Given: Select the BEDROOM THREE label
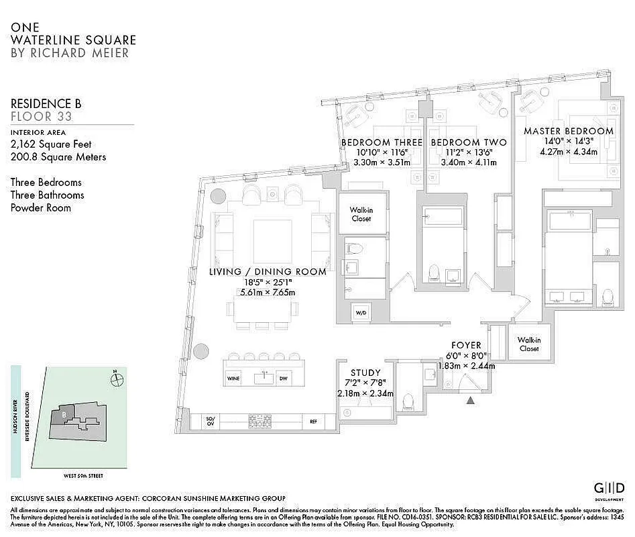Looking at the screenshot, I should (x=382, y=142).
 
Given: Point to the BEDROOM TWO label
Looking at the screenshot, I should (x=469, y=142).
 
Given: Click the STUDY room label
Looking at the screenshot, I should (x=365, y=373).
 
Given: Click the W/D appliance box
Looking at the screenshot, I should (x=361, y=312).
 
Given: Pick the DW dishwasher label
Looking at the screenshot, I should (x=283, y=378).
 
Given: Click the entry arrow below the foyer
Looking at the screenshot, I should (x=471, y=401).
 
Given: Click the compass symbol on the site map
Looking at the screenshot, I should (x=118, y=379).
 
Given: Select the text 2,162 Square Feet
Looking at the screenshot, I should (x=51, y=144).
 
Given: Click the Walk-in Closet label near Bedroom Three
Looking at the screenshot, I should (x=361, y=214).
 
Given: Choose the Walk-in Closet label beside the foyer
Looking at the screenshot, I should (x=528, y=344).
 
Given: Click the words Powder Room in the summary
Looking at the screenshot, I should (x=40, y=208).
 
